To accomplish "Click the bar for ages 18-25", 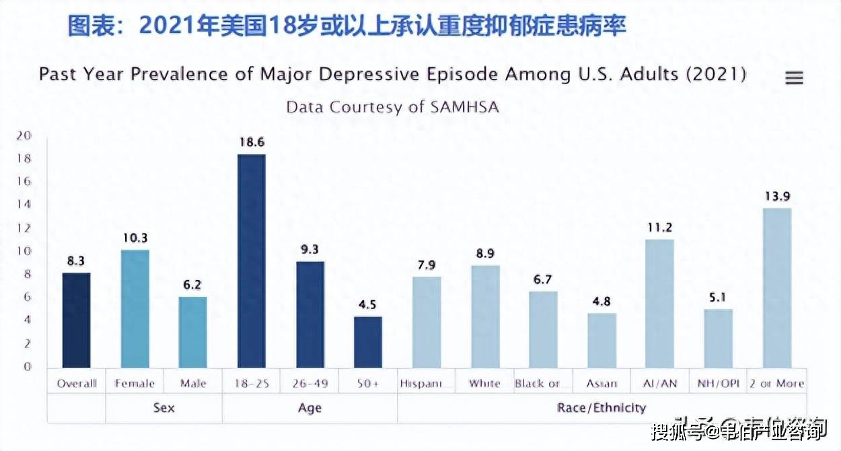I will click(252, 261).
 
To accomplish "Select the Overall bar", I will click(76, 320).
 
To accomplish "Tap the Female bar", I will click(135, 309).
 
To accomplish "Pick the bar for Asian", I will click(601, 341).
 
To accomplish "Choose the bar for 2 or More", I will click(777, 288).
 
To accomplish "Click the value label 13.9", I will click(777, 197).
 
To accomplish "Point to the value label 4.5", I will click(368, 304).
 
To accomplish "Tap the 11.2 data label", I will click(660, 228).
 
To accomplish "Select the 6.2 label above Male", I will click(193, 285).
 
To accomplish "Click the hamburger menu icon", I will click(795, 78).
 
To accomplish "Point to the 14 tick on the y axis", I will click(24, 205).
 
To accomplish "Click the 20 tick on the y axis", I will click(24, 136).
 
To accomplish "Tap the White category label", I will click(485, 384).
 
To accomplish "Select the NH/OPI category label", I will click(719, 384).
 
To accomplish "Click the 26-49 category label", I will click(310, 384).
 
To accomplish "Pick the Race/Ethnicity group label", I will click(601, 407).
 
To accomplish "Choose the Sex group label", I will click(163, 408).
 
